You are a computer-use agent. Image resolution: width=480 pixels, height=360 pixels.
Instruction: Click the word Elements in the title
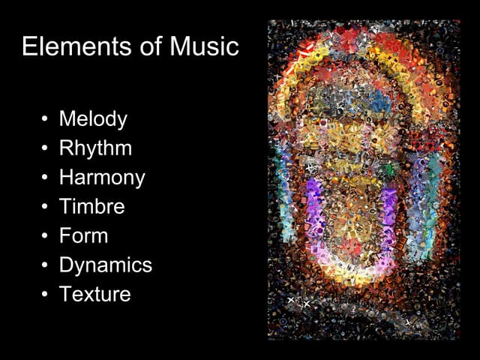[x=67, y=46]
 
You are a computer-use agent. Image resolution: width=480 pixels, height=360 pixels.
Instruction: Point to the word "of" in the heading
[x=136, y=46]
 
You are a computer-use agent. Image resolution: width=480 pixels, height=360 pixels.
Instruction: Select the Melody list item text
[x=93, y=119]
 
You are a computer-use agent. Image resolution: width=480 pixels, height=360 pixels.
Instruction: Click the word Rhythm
[x=95, y=148]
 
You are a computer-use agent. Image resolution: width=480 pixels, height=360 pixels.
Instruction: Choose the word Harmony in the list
[x=102, y=178]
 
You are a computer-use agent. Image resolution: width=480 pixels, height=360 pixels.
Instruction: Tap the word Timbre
[x=91, y=206]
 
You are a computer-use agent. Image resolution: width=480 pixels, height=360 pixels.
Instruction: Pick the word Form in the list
[x=83, y=235]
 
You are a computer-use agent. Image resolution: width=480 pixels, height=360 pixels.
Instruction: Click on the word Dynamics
[x=105, y=265]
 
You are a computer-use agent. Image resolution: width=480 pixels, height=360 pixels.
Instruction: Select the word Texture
[x=94, y=294]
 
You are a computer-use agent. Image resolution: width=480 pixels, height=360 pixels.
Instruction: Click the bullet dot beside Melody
[x=45, y=120]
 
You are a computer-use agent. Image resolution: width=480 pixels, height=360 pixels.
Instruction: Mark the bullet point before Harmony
[x=45, y=178]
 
